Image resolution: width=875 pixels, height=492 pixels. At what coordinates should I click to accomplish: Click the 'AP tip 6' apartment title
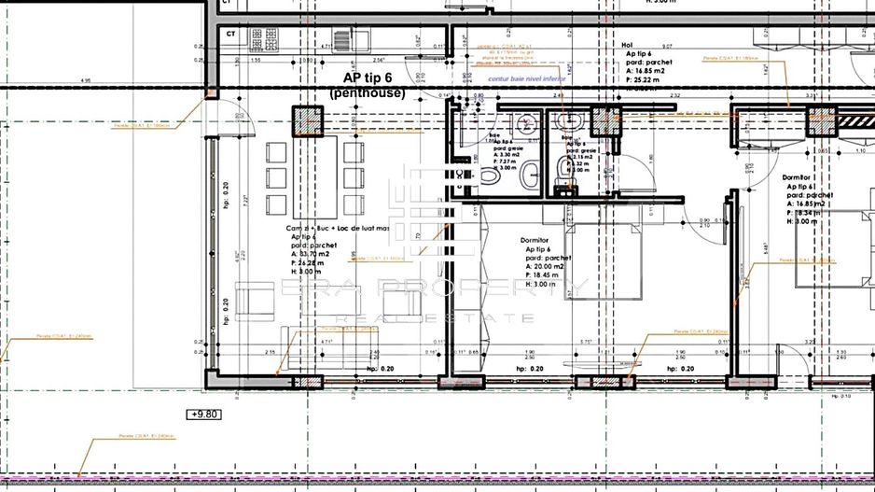[x=366, y=78]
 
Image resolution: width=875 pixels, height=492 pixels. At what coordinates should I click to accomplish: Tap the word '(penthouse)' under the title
[x=367, y=94]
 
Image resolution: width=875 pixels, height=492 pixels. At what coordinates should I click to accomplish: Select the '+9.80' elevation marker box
[x=204, y=414]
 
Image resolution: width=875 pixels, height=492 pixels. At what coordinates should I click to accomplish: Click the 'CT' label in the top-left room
[x=229, y=33]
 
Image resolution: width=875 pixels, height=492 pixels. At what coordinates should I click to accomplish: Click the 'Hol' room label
[x=627, y=44]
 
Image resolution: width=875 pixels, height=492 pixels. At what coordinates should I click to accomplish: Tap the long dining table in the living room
[x=312, y=177]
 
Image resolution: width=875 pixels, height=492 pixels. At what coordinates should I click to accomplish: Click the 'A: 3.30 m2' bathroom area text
[x=504, y=155]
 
